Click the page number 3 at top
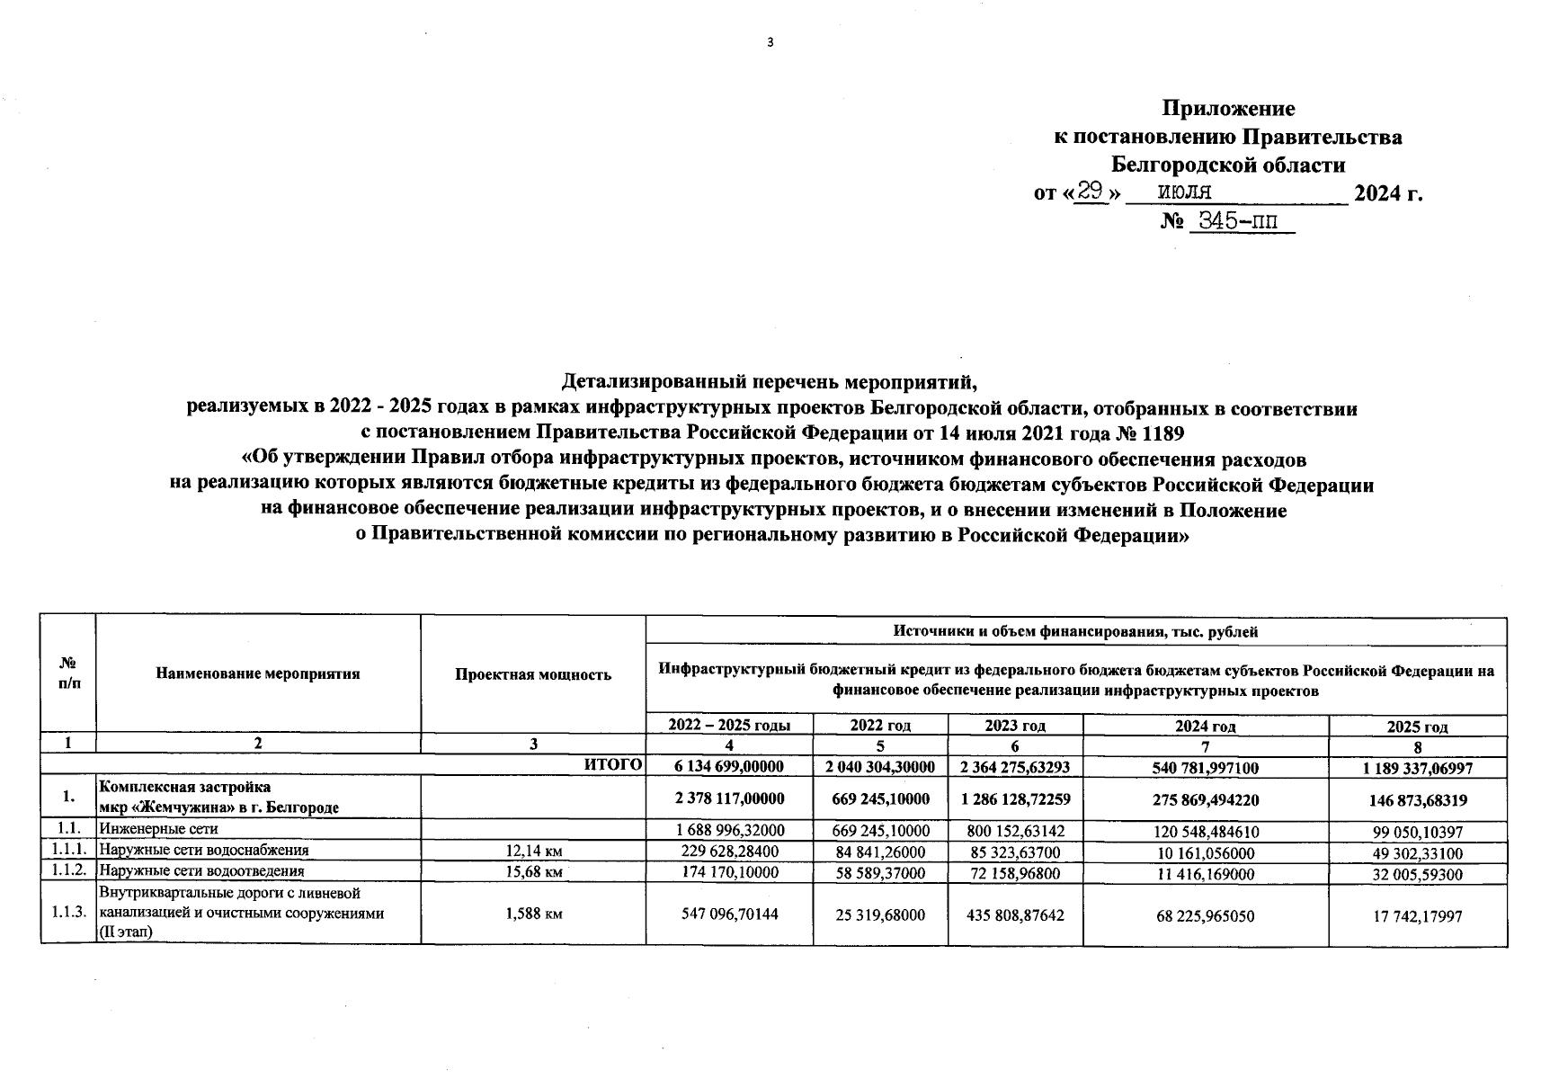[770, 42]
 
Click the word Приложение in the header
[1228, 109]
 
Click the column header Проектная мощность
[533, 674]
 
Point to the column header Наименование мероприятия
[258, 673]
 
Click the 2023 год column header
[1015, 726]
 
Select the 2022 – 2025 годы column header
[729, 726]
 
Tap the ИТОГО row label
[613, 765]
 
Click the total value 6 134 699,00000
[729, 766]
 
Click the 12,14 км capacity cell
[533, 851]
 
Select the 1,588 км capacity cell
[533, 914]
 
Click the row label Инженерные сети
[158, 829]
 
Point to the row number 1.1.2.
[67, 870]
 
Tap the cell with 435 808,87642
[1015, 914]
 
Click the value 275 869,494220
[1206, 798]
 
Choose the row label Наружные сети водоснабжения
[204, 850]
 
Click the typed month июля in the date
[1184, 192]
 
